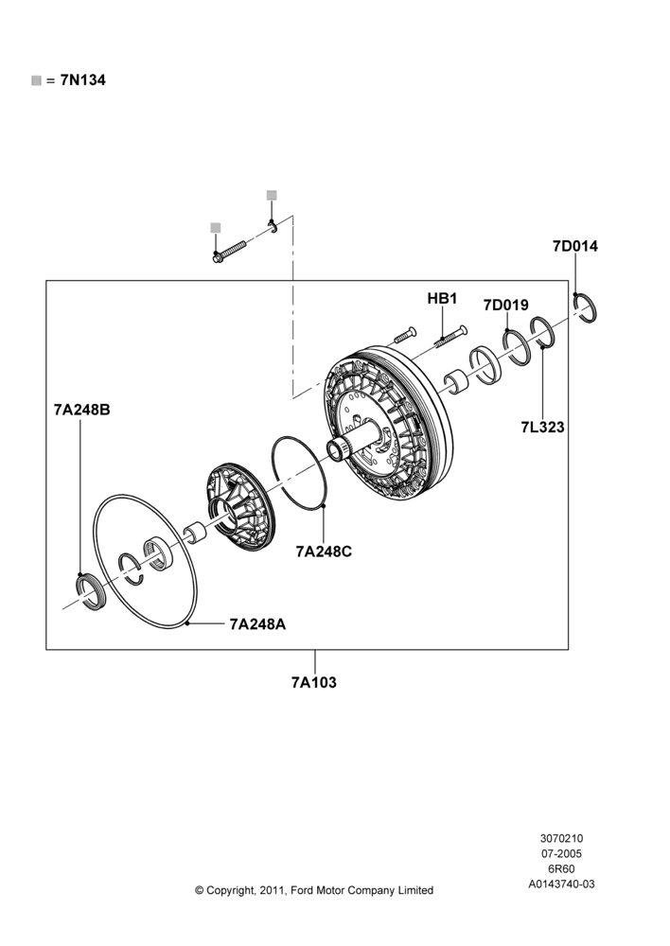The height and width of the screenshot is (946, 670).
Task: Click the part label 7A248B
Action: [82, 410]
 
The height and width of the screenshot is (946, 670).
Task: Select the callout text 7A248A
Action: [257, 623]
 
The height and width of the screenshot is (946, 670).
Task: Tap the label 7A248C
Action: [324, 552]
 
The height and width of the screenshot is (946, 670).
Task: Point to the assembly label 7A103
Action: [314, 682]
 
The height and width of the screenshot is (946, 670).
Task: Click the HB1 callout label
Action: [443, 299]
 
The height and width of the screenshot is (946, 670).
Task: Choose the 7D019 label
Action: [506, 306]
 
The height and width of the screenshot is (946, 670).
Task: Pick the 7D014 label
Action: [575, 246]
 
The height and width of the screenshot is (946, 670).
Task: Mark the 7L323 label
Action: [542, 428]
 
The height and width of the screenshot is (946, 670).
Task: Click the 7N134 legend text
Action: [82, 80]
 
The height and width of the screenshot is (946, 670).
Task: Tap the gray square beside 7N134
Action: [36, 80]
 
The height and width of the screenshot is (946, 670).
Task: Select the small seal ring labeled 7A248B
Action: [91, 592]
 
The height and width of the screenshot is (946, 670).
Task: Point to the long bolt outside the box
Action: [229, 252]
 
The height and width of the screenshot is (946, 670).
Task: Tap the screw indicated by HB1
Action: [451, 337]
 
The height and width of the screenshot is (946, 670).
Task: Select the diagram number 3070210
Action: [561, 838]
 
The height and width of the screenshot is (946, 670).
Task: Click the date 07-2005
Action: [561, 853]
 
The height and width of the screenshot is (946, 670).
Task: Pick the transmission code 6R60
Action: [561, 868]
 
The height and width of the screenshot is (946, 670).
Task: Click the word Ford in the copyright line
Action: [302, 890]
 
